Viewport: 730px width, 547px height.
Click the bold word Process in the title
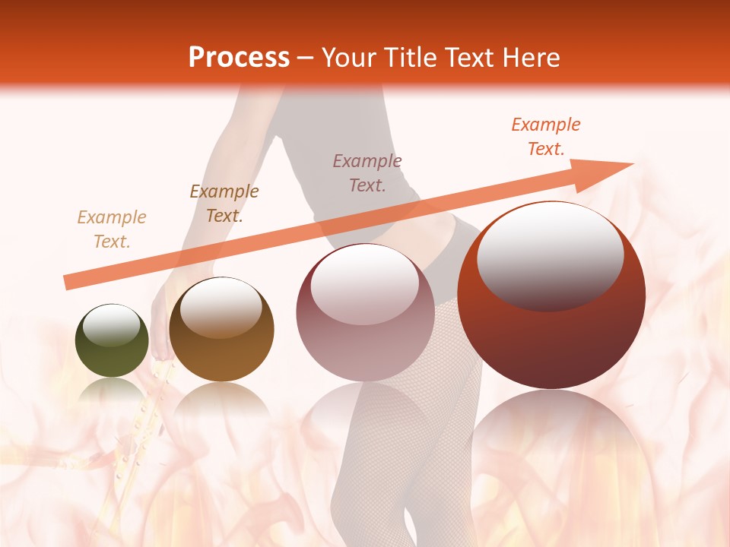click(239, 57)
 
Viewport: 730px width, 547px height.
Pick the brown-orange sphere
click(221, 330)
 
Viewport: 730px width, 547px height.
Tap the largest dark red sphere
click(551, 296)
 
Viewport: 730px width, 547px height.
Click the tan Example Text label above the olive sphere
click(112, 229)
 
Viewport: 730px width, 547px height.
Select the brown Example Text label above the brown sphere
click(224, 204)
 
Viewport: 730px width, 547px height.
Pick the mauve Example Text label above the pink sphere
click(367, 172)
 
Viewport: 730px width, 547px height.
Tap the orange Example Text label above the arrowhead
click(546, 137)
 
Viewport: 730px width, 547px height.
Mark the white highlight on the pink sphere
click(365, 283)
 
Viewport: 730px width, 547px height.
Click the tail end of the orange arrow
click(68, 282)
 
